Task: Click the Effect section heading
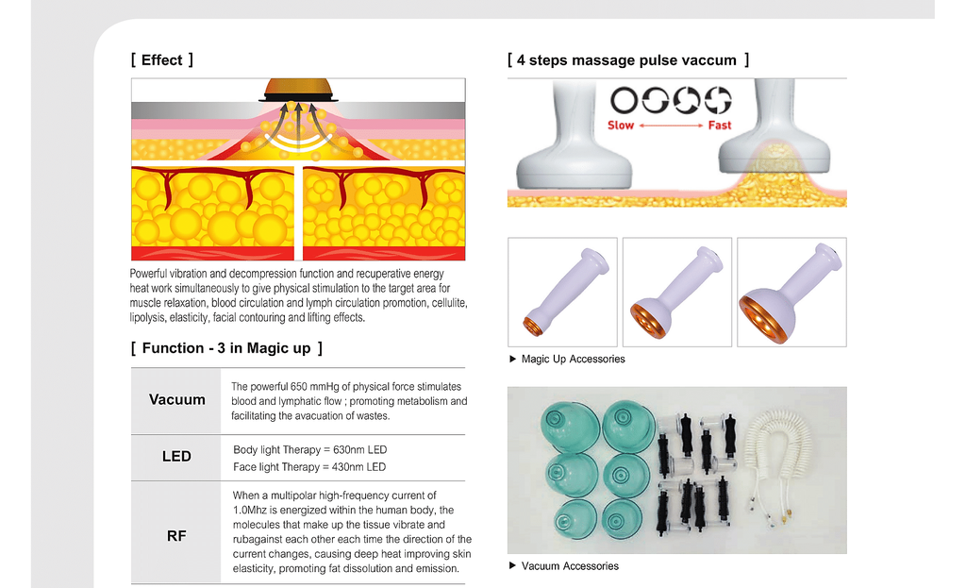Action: coord(162,59)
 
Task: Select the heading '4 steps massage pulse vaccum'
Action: coord(626,59)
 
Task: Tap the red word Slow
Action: coord(621,126)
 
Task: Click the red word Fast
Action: coord(719,126)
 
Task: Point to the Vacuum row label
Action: coord(176,399)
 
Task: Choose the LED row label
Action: coord(176,456)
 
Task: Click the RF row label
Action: coord(176,535)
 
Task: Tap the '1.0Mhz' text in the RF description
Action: coord(249,511)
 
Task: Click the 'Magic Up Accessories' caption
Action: coord(573,360)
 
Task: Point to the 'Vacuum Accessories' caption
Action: coord(570,565)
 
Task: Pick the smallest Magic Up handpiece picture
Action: coord(562,293)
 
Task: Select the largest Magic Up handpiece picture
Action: coord(791,293)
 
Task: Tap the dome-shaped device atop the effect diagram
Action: coord(298,90)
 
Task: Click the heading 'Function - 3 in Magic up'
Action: coord(226,348)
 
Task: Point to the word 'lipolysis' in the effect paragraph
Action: coord(147,318)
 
